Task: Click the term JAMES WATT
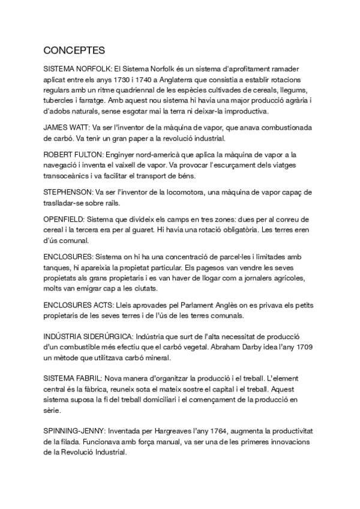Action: tap(65, 128)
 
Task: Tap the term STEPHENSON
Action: tap(67, 191)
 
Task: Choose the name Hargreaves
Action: tap(162, 432)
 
